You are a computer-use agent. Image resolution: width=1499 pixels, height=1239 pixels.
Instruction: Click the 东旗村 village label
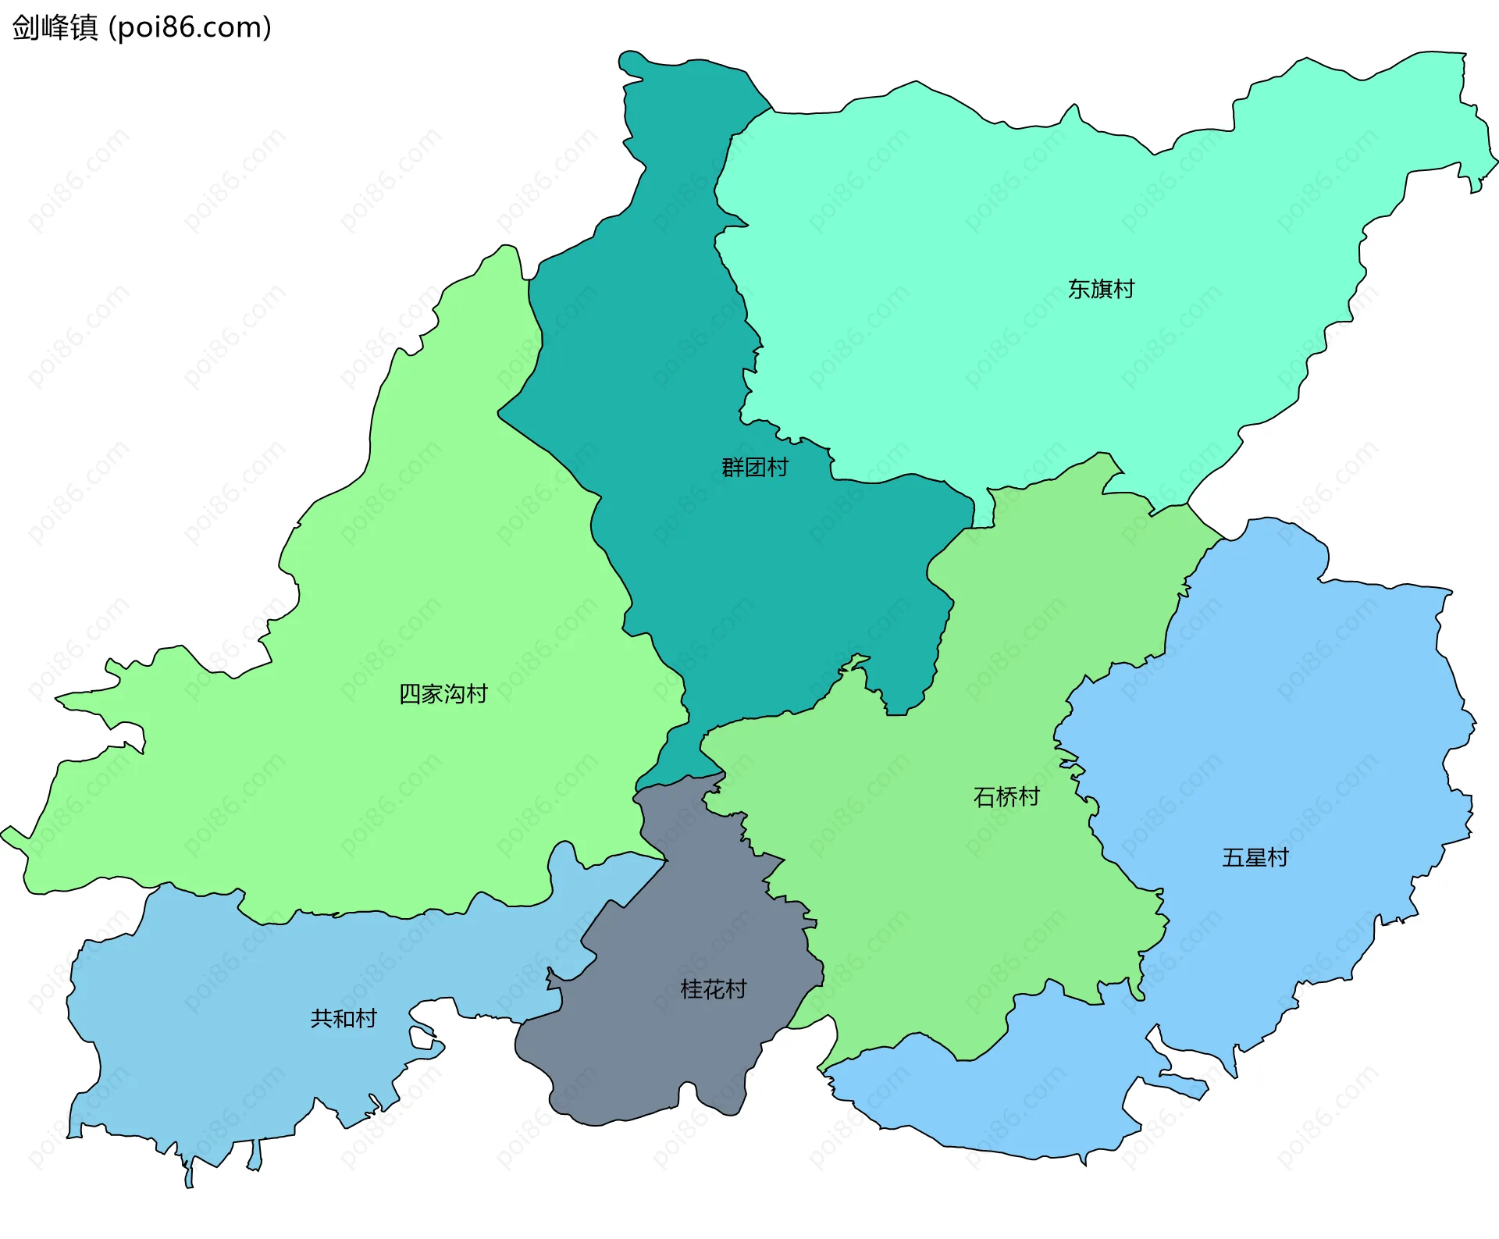pyautogui.click(x=1101, y=290)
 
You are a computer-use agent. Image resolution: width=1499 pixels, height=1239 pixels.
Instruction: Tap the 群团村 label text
pyautogui.click(x=755, y=468)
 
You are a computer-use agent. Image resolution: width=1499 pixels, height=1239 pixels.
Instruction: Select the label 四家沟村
pyautogui.click(x=443, y=693)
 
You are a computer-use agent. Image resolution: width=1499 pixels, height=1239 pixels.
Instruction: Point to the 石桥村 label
pyautogui.click(x=1006, y=797)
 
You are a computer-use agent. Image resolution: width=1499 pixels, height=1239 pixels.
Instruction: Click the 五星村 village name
pyautogui.click(x=1255, y=858)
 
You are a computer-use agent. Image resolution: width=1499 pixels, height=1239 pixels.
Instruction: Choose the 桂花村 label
pyautogui.click(x=713, y=990)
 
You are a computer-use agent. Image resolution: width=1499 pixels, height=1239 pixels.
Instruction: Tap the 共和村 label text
pyautogui.click(x=344, y=1019)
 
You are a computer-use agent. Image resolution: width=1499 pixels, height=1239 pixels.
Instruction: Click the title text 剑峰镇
pyautogui.click(x=55, y=27)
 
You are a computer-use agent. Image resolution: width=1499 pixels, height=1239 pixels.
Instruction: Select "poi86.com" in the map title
pyautogui.click(x=190, y=27)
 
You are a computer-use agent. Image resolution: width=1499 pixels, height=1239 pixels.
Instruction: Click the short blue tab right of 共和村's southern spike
pyautogui.click(x=255, y=1156)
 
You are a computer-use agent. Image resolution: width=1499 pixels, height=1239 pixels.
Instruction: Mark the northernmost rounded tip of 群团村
pyautogui.click(x=629, y=59)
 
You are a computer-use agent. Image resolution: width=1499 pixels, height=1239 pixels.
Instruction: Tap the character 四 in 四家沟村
pyautogui.click(x=410, y=693)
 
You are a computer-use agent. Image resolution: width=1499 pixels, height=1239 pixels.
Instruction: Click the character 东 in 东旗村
pyautogui.click(x=1079, y=290)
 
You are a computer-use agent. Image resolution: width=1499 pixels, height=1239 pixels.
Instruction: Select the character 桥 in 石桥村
pyautogui.click(x=1006, y=797)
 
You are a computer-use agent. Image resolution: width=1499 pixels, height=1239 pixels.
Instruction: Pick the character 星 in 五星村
pyautogui.click(x=1255, y=858)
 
